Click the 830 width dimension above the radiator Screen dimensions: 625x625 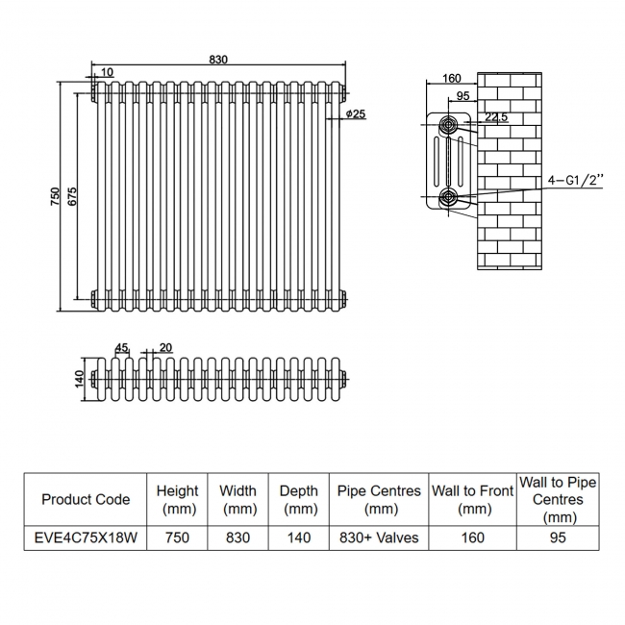[218, 60]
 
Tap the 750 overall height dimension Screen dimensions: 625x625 [55, 196]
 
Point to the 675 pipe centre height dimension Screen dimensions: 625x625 [72, 196]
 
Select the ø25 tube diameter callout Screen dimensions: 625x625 [356, 114]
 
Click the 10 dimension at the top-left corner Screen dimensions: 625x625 [107, 72]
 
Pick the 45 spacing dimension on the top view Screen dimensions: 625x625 [121, 348]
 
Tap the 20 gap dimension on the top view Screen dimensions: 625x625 [165, 347]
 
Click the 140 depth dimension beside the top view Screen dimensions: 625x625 [79, 379]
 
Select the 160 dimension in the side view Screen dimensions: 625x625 [452, 78]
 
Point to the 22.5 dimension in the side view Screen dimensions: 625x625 [496, 116]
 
